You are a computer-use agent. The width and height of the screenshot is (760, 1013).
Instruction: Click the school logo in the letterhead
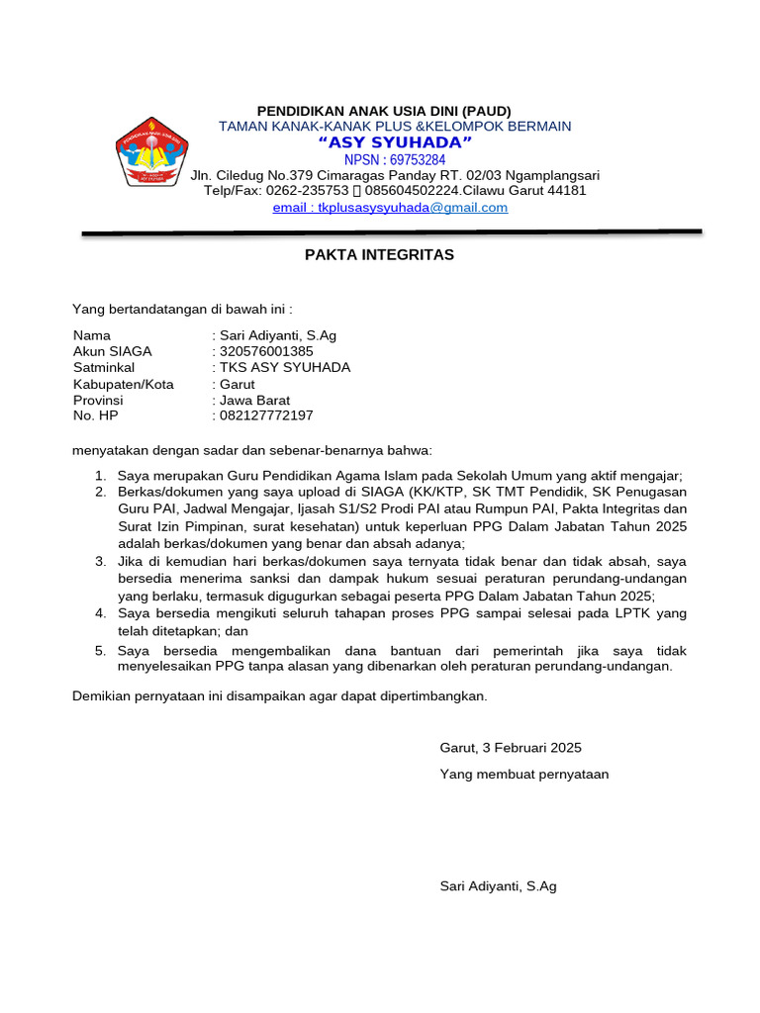(x=150, y=151)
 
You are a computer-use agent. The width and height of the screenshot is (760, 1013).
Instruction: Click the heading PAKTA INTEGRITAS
(x=378, y=255)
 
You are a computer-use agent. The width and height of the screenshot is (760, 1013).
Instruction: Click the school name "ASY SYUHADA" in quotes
(x=394, y=143)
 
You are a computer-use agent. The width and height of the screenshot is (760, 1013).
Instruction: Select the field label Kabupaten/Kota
(x=123, y=384)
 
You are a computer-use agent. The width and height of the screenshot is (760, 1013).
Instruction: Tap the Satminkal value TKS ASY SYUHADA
(x=285, y=367)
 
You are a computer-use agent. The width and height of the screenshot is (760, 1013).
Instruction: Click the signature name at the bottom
(x=498, y=886)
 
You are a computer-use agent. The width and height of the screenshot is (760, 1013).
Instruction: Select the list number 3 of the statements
(x=100, y=561)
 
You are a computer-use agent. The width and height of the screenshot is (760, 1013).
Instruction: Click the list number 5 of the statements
(x=100, y=651)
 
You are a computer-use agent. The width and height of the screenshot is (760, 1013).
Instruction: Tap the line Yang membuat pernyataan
(x=523, y=775)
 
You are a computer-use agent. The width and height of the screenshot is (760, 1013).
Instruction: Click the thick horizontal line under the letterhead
(x=391, y=233)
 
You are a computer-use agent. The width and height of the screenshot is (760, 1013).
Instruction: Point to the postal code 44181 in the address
(x=567, y=190)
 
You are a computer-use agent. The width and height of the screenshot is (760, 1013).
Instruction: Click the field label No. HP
(x=95, y=415)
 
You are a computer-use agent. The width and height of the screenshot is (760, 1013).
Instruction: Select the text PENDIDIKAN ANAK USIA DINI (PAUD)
(x=384, y=111)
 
